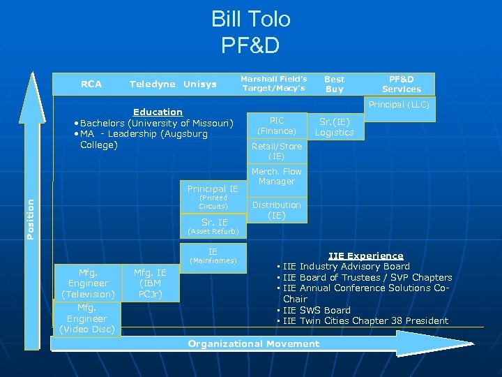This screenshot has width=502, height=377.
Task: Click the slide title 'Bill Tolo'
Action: (x=250, y=19)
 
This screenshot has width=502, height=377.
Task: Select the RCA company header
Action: (x=91, y=84)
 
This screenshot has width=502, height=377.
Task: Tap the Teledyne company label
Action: (x=152, y=84)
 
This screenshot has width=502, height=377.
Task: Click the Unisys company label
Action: (x=200, y=84)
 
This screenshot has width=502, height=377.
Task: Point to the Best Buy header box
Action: (x=335, y=84)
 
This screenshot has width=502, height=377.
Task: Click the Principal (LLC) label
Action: (x=399, y=105)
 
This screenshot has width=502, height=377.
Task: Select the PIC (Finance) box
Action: (x=277, y=126)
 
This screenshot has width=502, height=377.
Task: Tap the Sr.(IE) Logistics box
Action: (x=335, y=126)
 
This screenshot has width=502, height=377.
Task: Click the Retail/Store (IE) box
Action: (x=277, y=151)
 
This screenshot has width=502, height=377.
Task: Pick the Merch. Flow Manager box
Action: (x=277, y=176)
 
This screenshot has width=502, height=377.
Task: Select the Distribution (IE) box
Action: (x=277, y=210)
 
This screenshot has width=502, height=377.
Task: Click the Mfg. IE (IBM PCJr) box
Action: (x=151, y=283)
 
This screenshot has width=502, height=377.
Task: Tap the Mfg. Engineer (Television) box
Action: (x=88, y=283)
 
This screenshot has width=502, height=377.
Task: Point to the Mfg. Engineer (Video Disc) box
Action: (x=88, y=318)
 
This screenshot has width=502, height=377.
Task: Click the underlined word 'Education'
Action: (x=158, y=112)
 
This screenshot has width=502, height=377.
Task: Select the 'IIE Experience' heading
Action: (x=365, y=256)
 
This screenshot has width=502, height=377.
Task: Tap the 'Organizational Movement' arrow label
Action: (x=254, y=343)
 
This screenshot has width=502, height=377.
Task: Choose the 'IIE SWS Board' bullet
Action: (x=317, y=310)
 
